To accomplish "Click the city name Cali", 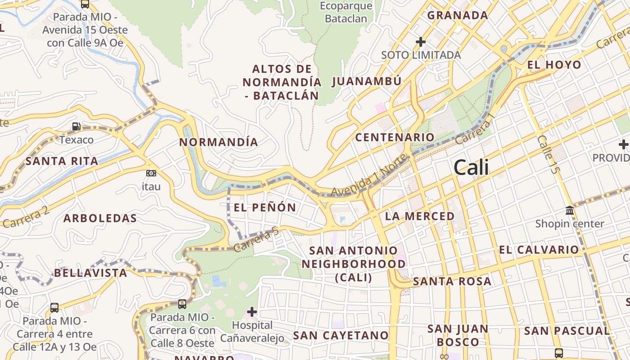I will click(471, 167).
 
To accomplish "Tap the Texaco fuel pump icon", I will click(76, 127).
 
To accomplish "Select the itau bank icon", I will click(151, 173).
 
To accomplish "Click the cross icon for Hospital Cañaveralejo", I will click(252, 311).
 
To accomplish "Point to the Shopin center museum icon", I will click(570, 210).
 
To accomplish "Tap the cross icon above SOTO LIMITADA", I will click(421, 42).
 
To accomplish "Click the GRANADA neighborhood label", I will click(458, 15).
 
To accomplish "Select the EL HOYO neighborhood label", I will click(554, 65).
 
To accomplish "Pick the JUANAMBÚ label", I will click(367, 81).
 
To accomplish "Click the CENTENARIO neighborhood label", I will click(395, 137).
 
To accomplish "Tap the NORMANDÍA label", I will click(219, 142).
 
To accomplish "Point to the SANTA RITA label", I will click(62, 161).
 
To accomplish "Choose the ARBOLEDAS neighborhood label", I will click(100, 219).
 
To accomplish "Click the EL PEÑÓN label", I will click(265, 207).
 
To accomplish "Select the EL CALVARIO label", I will click(539, 250).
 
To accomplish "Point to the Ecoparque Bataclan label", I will click(346, 13).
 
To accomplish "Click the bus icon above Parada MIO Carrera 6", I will click(182, 304).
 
